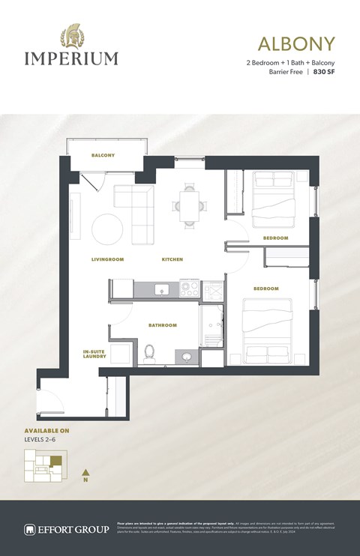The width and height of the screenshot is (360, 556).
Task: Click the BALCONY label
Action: point(103,155)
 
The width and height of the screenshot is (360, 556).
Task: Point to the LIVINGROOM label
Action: point(107,259)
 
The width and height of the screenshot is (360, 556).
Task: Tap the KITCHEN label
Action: point(172,259)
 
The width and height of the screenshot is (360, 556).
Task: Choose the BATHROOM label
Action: point(162,325)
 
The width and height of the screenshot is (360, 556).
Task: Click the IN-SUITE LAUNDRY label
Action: point(94,354)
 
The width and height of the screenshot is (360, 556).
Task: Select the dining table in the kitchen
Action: point(187,204)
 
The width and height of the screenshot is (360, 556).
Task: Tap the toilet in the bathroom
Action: point(149,351)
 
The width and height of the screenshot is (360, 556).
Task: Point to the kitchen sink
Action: point(159,288)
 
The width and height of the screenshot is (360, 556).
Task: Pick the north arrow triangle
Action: point(86,472)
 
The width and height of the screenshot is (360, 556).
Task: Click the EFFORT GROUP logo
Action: point(66,528)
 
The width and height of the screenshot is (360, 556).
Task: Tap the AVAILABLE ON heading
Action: point(46,432)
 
